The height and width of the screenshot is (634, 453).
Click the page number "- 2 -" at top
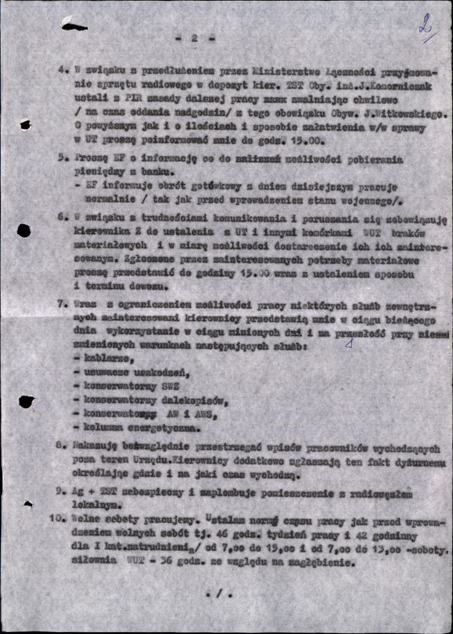[x=195, y=38]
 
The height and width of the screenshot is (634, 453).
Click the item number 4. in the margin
[x=63, y=69]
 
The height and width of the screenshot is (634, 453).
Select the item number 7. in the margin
[x=62, y=304]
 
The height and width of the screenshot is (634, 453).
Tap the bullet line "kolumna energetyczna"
[x=137, y=428]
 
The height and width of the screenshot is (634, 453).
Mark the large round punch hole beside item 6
[x=24, y=231]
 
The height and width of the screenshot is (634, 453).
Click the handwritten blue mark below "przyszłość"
[x=350, y=342]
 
